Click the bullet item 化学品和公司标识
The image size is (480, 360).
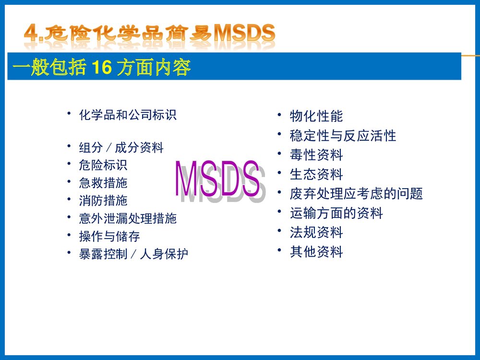128,115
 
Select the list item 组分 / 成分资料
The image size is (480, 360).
121,148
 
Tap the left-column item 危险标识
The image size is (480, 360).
103,166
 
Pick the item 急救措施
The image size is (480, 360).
103,183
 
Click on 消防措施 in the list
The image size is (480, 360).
103,201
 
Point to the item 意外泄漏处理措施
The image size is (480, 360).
128,218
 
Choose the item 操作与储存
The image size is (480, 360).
109,236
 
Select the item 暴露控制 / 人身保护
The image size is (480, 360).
133,254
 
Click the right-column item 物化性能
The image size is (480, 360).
316,116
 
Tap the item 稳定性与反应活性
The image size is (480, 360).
343,136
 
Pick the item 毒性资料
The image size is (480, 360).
316,155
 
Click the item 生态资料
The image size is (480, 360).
316,174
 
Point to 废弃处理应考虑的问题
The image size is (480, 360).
356,194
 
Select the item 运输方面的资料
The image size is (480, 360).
336,213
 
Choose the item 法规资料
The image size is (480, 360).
316,232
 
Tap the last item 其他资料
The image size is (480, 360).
316,252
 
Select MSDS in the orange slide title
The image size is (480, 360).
244,34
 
